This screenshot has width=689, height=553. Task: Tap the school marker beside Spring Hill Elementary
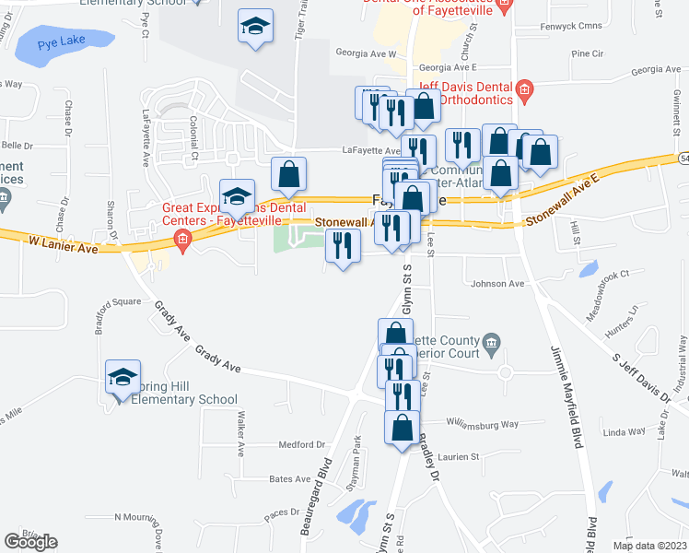[x=122, y=378]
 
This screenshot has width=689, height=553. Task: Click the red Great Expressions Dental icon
[x=182, y=241]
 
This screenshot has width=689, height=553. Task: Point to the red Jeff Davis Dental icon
[x=524, y=90]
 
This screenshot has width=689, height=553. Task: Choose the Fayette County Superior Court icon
[x=490, y=346]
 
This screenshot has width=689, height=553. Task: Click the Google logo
[x=30, y=541]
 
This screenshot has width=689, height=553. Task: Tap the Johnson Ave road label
[x=496, y=284]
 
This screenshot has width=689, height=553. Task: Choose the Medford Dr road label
[x=302, y=444]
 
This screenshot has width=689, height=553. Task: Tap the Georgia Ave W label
[x=365, y=54]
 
